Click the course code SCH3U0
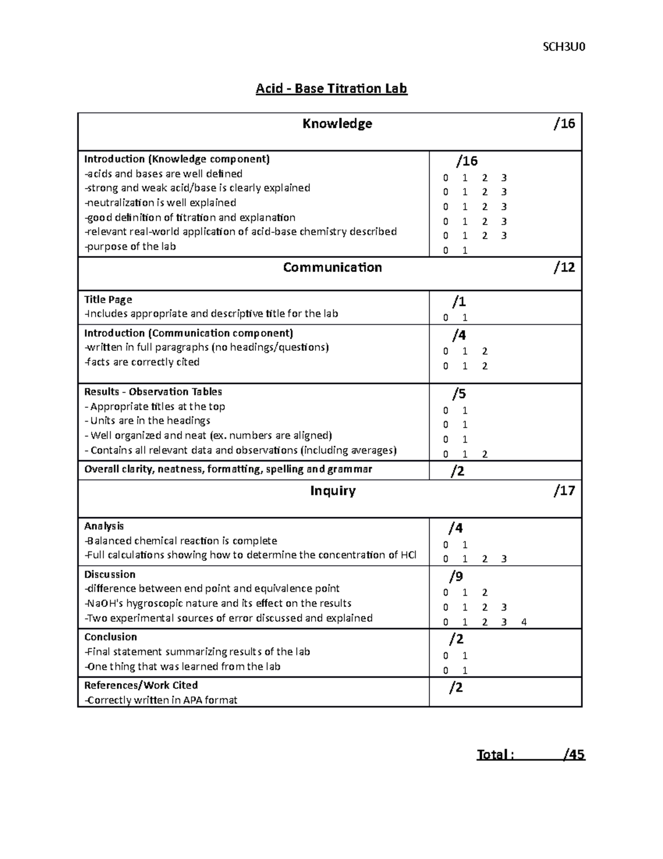click(564, 47)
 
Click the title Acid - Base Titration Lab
click(331, 88)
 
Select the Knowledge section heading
click(337, 123)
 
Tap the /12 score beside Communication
click(564, 268)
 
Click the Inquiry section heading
click(333, 491)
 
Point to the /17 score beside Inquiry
click(564, 491)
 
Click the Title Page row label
click(108, 300)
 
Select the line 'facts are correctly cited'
click(142, 362)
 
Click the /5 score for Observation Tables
click(459, 394)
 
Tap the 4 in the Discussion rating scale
click(524, 622)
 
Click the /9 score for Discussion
click(456, 577)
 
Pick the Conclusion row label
click(110, 637)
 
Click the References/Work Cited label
click(141, 685)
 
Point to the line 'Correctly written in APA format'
click(161, 700)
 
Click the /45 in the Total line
click(574, 755)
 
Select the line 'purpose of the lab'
click(130, 247)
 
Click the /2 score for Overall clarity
click(457, 471)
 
